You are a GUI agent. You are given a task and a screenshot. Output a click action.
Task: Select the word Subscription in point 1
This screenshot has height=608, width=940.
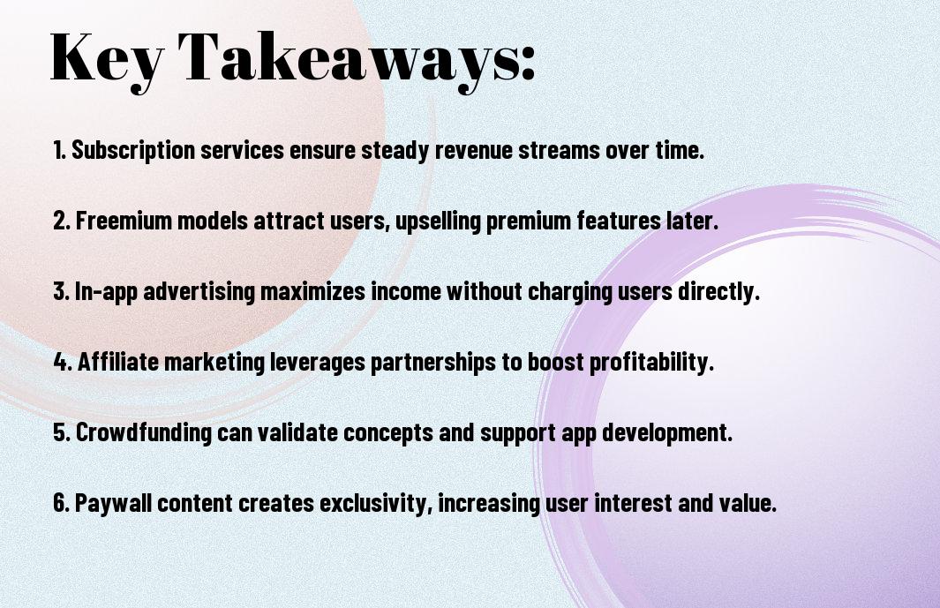coord(133,150)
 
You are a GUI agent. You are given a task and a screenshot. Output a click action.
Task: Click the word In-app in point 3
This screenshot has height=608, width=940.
coord(106,291)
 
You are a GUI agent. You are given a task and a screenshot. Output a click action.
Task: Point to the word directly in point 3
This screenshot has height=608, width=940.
coord(718,291)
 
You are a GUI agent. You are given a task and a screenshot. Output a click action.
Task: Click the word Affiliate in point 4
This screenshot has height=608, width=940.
coord(118,362)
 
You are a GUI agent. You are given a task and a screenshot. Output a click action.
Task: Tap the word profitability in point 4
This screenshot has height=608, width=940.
coord(651,362)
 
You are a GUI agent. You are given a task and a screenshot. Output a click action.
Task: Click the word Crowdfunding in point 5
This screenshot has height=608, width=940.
coord(143,432)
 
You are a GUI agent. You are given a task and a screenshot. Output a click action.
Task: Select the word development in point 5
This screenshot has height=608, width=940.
coord(666,432)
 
